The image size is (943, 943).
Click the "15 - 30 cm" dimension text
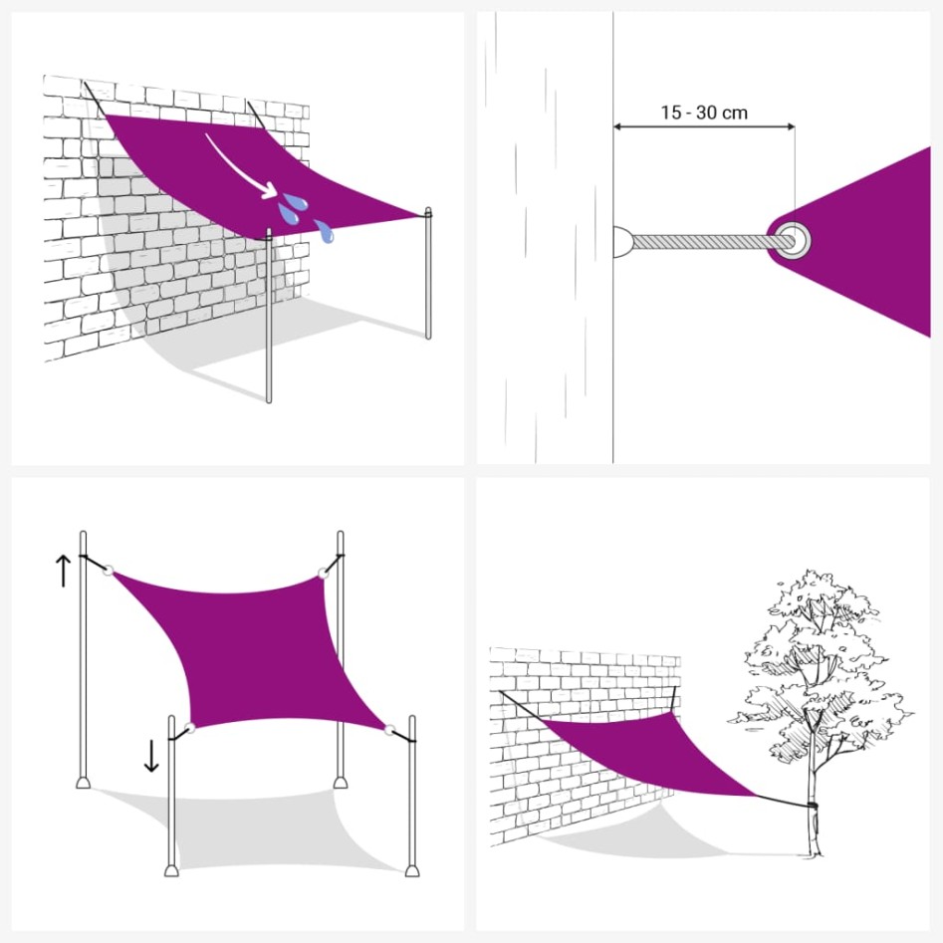point(703,113)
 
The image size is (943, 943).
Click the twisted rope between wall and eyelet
point(702,240)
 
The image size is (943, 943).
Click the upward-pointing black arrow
point(63,570)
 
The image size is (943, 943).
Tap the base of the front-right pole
point(411,868)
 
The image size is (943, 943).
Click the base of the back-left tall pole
point(84,781)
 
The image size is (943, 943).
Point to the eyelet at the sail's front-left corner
point(189,728)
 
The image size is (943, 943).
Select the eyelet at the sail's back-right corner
point(323,573)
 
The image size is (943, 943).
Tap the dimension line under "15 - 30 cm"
point(703,126)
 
